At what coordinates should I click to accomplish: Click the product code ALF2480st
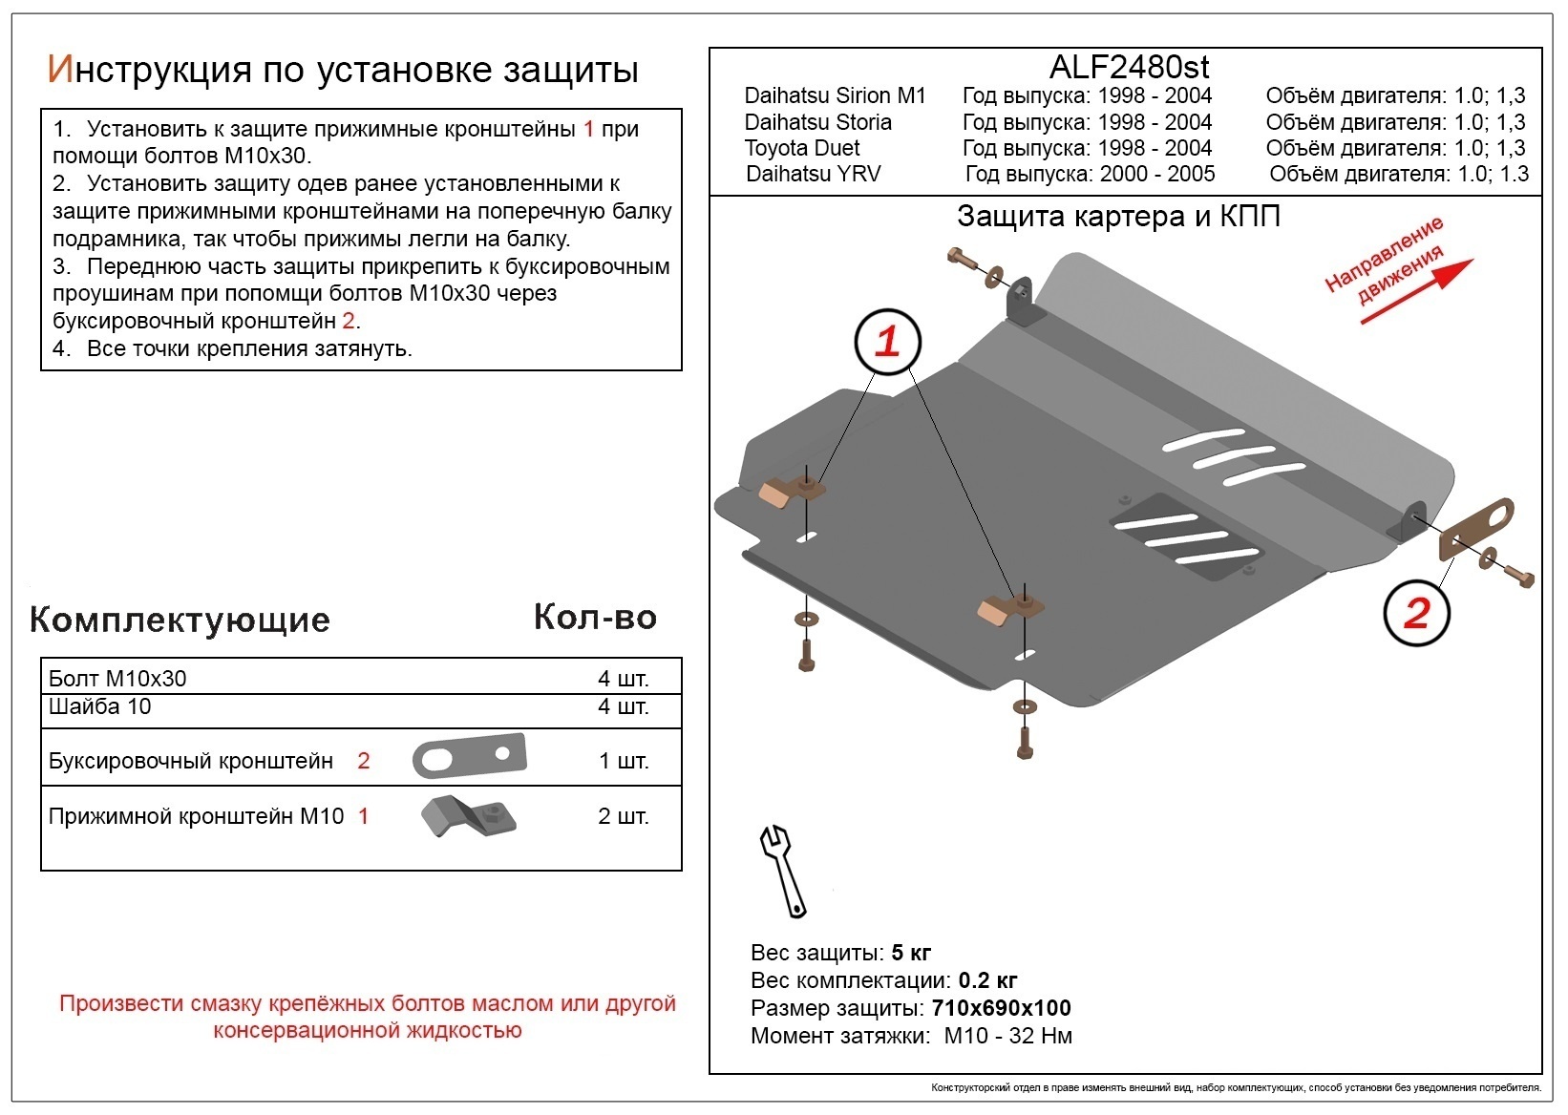coord(1129,67)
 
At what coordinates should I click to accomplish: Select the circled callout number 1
coord(888,341)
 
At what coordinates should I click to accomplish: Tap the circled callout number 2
coord(1416,613)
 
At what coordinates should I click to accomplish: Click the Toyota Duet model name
coord(802,148)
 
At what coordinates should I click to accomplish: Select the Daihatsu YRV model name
coord(814,174)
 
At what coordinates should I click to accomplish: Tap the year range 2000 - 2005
coord(1157,174)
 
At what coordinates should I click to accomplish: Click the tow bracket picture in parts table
coord(469,757)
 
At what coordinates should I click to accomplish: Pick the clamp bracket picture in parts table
coord(468,816)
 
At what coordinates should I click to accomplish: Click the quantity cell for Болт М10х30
coord(623,679)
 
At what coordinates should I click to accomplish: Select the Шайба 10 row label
coord(99,706)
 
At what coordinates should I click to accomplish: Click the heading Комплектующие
coord(180,620)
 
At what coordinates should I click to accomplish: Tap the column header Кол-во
coord(595,617)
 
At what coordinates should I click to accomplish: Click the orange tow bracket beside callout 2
coord(1476,530)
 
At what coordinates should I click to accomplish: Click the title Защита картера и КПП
coord(1118,217)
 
